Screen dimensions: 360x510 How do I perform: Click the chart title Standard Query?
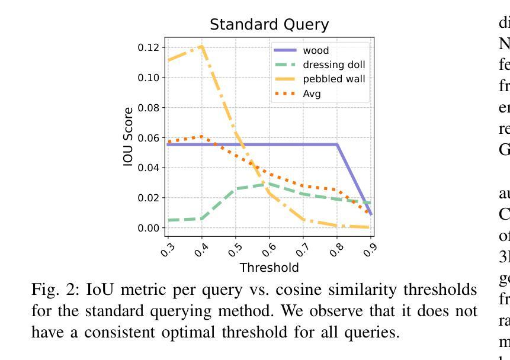click(269, 25)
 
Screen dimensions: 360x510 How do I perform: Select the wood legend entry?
click(316, 51)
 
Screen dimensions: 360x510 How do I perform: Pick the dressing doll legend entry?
click(334, 65)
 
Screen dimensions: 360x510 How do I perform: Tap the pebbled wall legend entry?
click(333, 79)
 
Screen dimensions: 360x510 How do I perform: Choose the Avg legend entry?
click(312, 93)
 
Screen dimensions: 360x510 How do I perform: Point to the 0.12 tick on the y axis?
click(149, 47)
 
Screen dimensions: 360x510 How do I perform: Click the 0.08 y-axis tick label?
click(149, 108)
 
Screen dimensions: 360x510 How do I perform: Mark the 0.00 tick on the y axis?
click(149, 228)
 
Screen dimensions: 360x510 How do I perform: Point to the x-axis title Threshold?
click(269, 268)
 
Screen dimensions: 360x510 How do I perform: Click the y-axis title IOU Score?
click(129, 137)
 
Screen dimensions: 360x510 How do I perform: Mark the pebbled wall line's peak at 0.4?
click(202, 46)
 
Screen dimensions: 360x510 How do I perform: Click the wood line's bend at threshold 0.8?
click(337, 144)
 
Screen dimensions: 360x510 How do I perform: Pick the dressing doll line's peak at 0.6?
click(270, 184)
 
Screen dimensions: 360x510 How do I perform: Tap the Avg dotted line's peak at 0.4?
click(202, 137)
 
